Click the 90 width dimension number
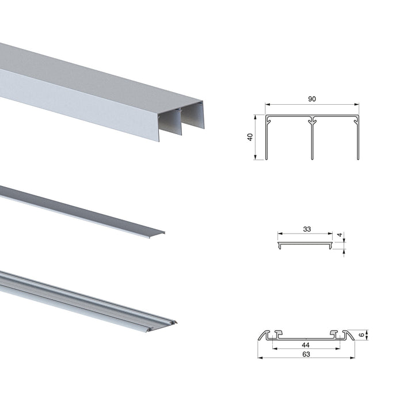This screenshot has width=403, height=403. tap(312, 99)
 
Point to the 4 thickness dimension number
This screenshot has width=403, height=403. tap(341, 235)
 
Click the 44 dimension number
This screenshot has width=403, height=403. tap(305, 344)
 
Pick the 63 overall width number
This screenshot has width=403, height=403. tap(305, 354)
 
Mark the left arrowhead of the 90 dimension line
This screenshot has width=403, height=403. tap(268, 105)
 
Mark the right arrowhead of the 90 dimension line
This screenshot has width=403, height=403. tap(357, 105)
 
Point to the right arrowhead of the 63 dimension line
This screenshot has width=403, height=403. tap(352, 358)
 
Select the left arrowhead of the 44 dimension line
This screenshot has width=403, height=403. tap(275, 348)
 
